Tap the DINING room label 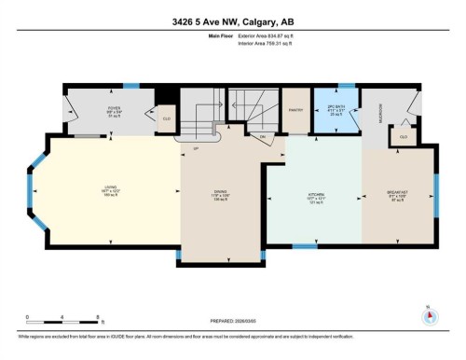(x=220, y=197)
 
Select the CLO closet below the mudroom (x=403, y=136)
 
